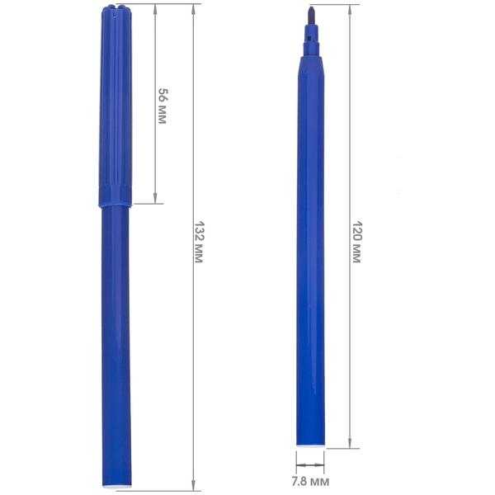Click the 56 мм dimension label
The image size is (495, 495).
click(x=163, y=106)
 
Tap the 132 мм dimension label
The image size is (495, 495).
click(x=199, y=242)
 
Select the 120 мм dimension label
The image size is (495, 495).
click(x=356, y=242)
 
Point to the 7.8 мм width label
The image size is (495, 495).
click(x=310, y=482)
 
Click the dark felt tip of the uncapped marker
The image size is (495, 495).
click(x=311, y=16)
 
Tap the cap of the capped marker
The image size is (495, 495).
click(x=115, y=106)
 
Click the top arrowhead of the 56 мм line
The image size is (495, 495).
click(x=155, y=9)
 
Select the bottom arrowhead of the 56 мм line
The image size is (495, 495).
click(x=155, y=198)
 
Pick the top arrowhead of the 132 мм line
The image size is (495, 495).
click(x=193, y=10)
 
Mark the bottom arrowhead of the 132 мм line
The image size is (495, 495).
click(x=193, y=486)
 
